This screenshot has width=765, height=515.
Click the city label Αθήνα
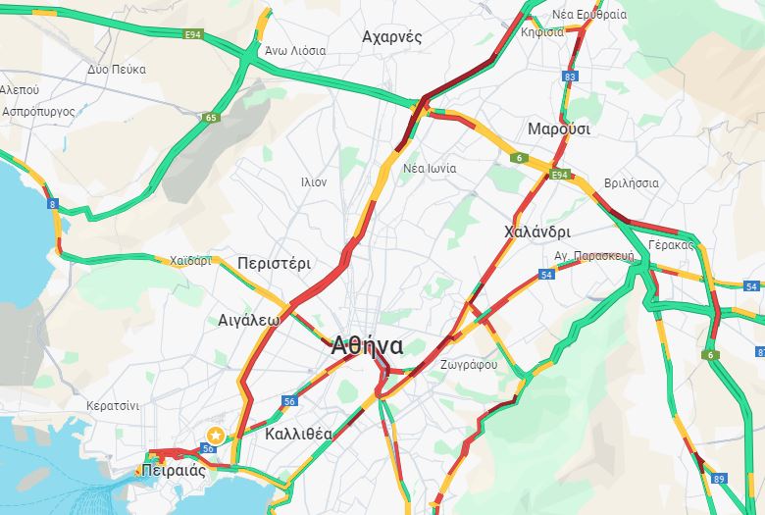tap(368, 346)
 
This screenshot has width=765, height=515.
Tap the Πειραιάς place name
tap(173, 470)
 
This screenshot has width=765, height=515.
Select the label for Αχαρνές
tap(391, 37)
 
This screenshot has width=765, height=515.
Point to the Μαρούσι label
tap(559, 129)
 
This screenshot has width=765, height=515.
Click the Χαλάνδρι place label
tap(536, 232)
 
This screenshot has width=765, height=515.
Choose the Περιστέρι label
tap(274, 264)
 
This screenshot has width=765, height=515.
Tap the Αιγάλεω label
tap(249, 320)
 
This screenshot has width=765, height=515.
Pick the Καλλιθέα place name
tap(299, 434)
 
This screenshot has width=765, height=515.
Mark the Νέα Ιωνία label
tap(430, 168)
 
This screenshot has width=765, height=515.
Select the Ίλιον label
tap(314, 182)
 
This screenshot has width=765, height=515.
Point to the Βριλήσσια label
tap(632, 183)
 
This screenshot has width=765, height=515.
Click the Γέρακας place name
tap(672, 244)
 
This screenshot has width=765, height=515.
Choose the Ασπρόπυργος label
tap(38, 112)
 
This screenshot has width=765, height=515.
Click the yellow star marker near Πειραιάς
tap(215, 435)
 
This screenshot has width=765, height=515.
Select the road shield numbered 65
tap(211, 118)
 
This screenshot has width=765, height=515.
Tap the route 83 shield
tap(571, 76)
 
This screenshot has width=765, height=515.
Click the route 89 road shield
tap(720, 478)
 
